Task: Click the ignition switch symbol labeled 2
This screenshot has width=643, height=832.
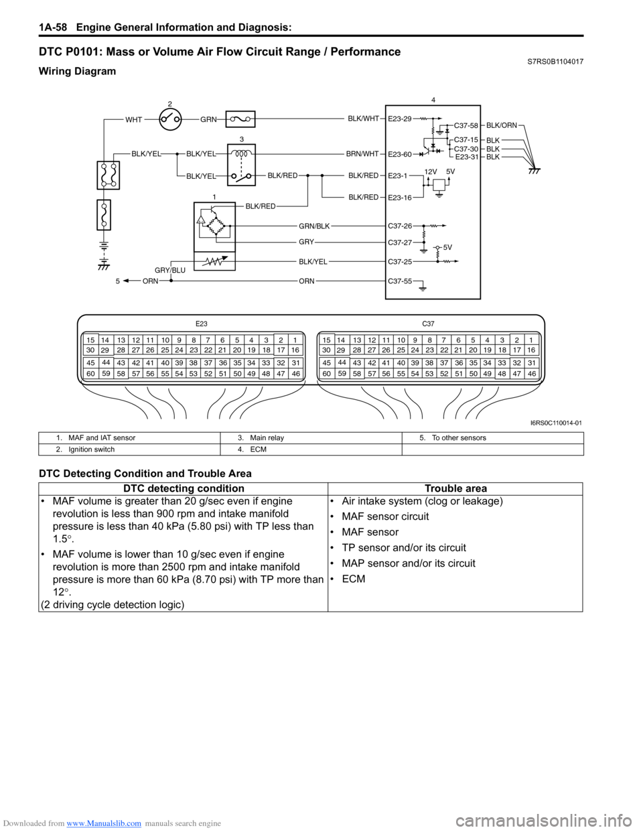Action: (x=170, y=120)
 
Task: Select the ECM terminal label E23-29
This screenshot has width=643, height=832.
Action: (x=400, y=119)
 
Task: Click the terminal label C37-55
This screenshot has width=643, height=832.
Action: (x=400, y=282)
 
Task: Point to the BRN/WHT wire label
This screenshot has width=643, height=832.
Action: (x=362, y=154)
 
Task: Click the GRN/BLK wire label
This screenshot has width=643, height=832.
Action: (x=314, y=226)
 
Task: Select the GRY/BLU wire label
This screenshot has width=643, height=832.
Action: (x=170, y=271)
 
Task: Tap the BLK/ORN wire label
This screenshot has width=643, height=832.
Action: (x=502, y=125)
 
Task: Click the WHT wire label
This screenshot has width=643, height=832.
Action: (x=134, y=120)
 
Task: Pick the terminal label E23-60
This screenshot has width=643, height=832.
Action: (x=400, y=155)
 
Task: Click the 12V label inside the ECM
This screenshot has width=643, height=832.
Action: (x=431, y=171)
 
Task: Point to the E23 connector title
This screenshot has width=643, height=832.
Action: (x=202, y=324)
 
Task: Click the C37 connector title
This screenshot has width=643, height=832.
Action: (x=428, y=324)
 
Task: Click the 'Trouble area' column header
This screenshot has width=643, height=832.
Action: (x=455, y=489)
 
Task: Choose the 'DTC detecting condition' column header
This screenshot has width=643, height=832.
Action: (x=184, y=489)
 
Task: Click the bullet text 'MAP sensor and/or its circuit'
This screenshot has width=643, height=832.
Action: (x=409, y=563)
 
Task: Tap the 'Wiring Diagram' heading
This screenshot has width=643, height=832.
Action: (x=77, y=71)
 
